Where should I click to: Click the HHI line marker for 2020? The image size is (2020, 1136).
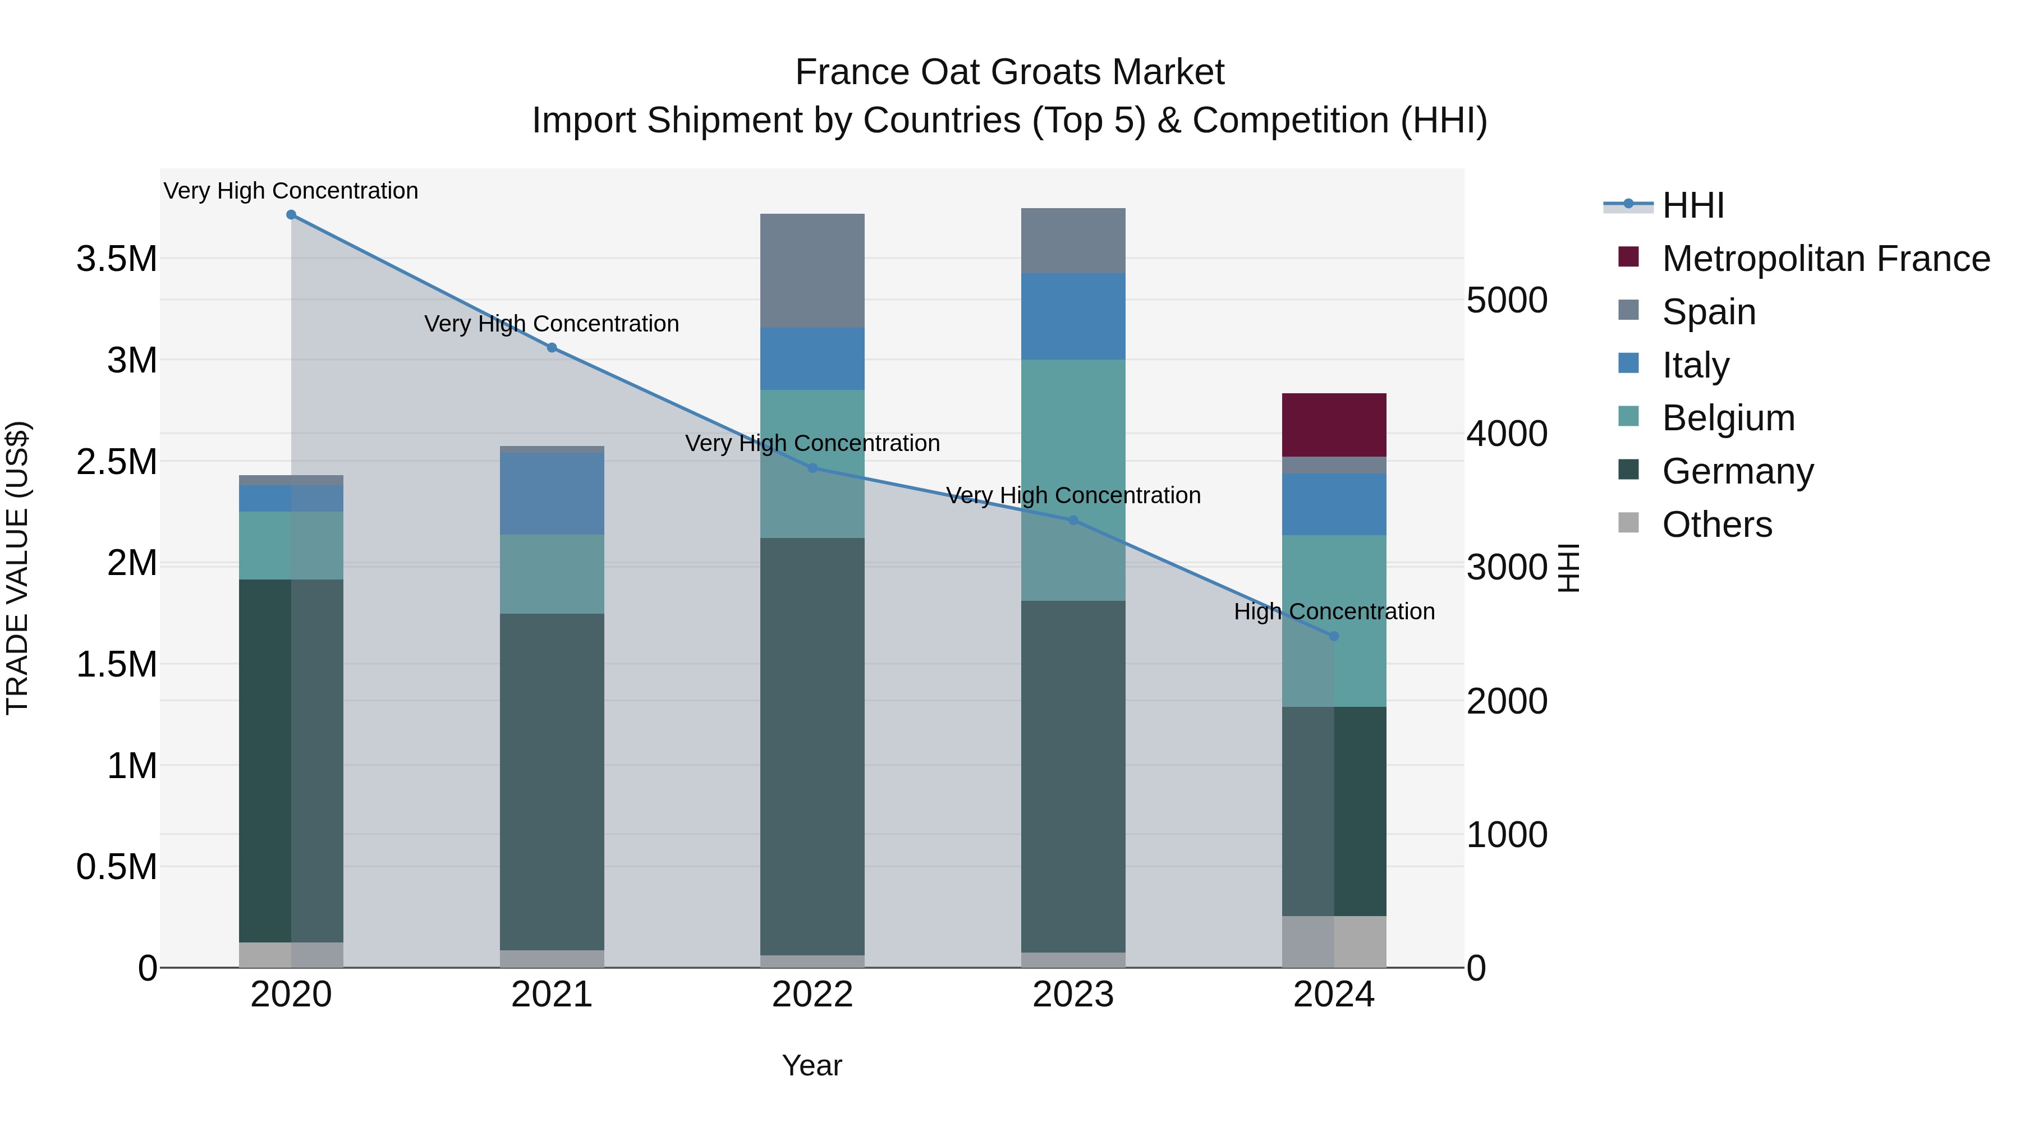(x=291, y=215)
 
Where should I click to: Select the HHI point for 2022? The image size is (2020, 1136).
(x=812, y=468)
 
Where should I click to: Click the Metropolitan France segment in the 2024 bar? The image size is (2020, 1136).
(x=1334, y=425)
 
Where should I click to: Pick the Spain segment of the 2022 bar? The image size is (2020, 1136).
(x=812, y=270)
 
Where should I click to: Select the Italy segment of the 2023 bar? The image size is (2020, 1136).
(x=1073, y=316)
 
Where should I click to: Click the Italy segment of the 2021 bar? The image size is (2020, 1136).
(x=552, y=494)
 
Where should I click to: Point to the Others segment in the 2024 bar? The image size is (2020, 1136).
(x=1334, y=941)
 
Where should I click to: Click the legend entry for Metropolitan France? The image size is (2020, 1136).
(x=1825, y=259)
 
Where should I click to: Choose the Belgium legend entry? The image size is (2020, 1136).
(x=1728, y=418)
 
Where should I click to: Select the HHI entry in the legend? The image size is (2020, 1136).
(x=1692, y=205)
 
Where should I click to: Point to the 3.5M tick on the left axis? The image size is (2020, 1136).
(x=117, y=259)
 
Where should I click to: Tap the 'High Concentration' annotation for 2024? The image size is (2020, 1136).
(x=1334, y=611)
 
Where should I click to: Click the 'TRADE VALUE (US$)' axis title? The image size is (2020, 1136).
(x=17, y=568)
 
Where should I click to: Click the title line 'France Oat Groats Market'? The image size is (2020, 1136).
(x=1009, y=72)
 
